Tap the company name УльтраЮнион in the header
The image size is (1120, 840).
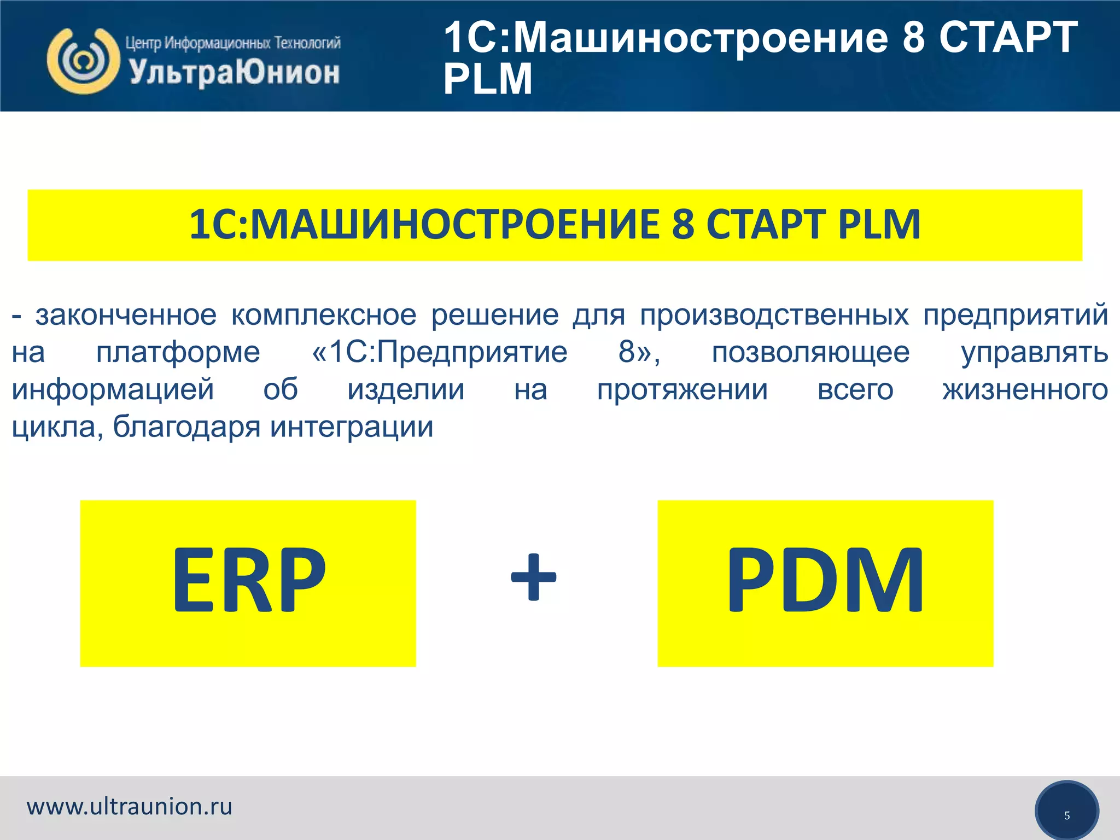234,73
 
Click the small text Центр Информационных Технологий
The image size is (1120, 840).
233,42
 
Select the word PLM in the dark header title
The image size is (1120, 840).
487,79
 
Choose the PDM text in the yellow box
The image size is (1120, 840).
825,581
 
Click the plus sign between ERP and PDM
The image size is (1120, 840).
533,577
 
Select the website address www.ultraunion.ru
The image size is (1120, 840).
130,807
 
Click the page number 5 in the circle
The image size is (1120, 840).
1066,815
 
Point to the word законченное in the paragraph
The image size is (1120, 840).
126,316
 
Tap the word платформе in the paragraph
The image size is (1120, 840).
178,353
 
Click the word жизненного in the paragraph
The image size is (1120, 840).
1025,390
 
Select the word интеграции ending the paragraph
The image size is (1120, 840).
352,427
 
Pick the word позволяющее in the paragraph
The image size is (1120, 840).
810,353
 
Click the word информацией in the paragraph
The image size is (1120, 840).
113,390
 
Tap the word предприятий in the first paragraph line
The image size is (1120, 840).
1016,316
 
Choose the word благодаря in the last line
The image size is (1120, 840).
186,427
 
